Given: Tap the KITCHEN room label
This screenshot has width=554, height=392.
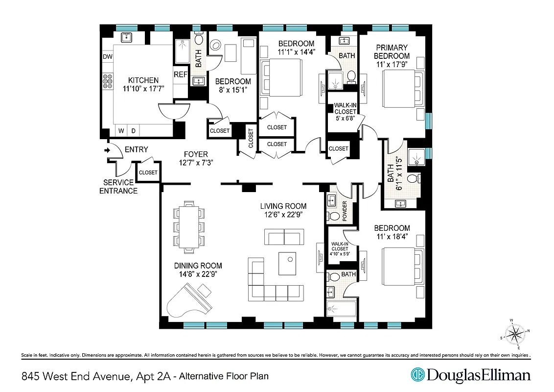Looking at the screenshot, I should pos(143,80).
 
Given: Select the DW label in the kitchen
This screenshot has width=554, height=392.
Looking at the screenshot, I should pos(108,57).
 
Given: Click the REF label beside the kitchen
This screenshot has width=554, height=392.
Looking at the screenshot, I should pos(181,74).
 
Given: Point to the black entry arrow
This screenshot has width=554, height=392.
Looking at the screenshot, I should pos(107,150).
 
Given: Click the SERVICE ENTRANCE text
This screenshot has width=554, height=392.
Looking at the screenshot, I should pos(118,186).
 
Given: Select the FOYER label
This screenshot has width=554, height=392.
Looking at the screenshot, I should pos(196,154).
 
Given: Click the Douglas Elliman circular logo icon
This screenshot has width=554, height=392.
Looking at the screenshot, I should pos(417,375).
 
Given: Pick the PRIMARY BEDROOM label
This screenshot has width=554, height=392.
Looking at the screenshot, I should pos(392,51).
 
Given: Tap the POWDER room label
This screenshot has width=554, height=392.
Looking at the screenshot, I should pos(345,211).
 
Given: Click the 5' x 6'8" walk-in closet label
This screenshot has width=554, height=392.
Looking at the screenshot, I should pos(345,112).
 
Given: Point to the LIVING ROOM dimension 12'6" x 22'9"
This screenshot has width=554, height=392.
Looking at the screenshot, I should pos(283,214).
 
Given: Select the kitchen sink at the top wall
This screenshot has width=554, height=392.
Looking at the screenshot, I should pos(126,37).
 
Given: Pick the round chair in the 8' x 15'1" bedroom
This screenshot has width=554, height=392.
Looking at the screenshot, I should pos(215,46).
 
